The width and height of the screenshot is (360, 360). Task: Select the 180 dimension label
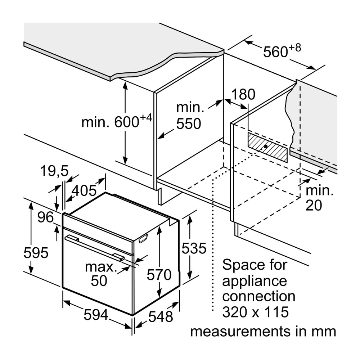click(243, 94)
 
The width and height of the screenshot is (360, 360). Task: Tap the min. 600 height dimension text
click(115, 121)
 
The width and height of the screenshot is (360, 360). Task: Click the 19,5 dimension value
click(54, 171)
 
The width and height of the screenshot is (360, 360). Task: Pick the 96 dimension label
click(45, 217)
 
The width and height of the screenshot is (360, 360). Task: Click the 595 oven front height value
click(36, 253)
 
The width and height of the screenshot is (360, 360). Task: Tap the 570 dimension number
click(159, 275)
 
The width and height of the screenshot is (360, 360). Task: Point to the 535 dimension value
click(194, 248)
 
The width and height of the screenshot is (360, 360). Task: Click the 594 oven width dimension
click(96, 315)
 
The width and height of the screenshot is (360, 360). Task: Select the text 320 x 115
click(255, 312)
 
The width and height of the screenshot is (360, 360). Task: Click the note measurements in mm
click(263, 332)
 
